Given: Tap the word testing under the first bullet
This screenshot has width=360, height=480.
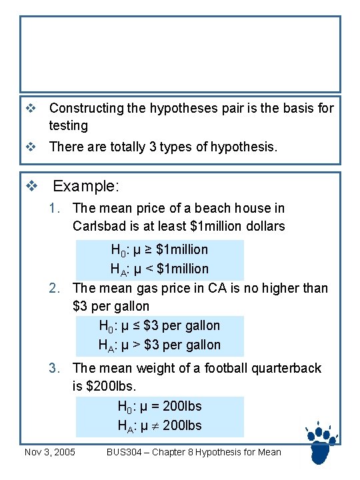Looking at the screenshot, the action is pos(69,125).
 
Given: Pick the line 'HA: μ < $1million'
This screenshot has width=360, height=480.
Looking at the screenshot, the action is pos(159,269).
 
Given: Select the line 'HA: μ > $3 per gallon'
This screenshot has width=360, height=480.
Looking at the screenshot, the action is pos(159,345).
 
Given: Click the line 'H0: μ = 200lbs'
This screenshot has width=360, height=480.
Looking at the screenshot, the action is pos(159,406).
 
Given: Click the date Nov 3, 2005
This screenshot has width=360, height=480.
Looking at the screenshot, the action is pos(49,453).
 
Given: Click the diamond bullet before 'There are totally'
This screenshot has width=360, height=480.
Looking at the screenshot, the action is pos(29,147).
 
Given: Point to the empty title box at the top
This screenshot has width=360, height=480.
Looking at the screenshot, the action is pos(180,54).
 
